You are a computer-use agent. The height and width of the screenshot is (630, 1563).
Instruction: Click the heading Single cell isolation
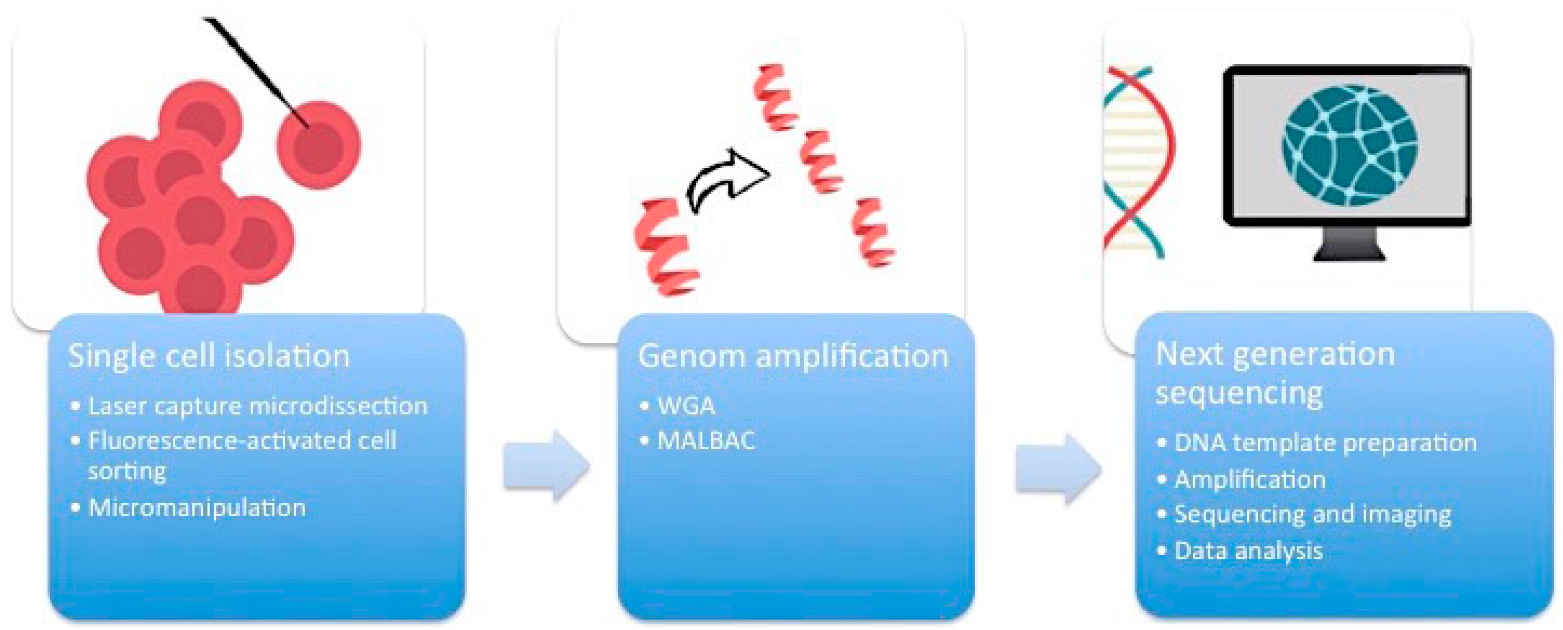pos(209,356)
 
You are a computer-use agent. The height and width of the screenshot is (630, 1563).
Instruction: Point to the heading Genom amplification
pos(792,356)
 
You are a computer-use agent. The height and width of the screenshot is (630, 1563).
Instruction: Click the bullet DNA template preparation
pos(1325,443)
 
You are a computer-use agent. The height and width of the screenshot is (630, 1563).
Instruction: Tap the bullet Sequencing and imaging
pos(1312,514)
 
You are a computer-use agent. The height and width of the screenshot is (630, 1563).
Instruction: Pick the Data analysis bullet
pos(1248,551)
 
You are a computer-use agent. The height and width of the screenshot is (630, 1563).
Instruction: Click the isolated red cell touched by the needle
pos(319,146)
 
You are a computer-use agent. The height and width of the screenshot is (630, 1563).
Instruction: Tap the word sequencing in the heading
pos(1239,393)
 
